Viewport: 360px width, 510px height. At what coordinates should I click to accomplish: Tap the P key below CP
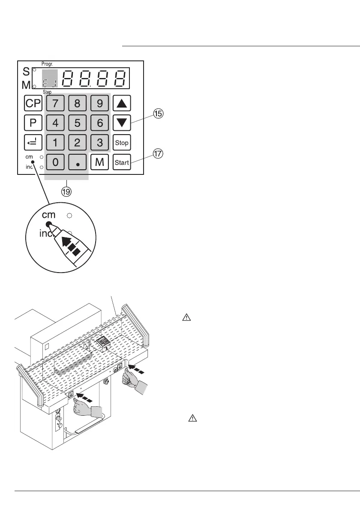click(x=33, y=123)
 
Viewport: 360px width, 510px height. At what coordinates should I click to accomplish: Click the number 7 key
click(x=55, y=103)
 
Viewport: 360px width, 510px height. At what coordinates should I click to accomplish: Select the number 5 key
click(x=77, y=123)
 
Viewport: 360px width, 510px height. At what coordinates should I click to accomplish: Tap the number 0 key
click(x=55, y=162)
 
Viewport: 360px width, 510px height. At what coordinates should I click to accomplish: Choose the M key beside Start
click(x=100, y=162)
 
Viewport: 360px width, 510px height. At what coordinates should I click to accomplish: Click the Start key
click(x=122, y=162)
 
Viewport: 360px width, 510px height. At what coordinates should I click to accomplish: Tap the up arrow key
click(x=122, y=103)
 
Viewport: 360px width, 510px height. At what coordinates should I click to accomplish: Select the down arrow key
click(x=122, y=123)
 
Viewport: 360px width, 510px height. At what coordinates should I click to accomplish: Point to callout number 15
click(x=159, y=114)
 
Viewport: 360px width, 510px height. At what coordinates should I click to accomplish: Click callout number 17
click(x=159, y=154)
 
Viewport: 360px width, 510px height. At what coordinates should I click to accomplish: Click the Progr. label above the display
click(x=47, y=63)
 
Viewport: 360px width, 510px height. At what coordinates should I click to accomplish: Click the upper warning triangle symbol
click(x=186, y=318)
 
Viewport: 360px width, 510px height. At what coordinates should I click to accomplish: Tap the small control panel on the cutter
click(x=102, y=341)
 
